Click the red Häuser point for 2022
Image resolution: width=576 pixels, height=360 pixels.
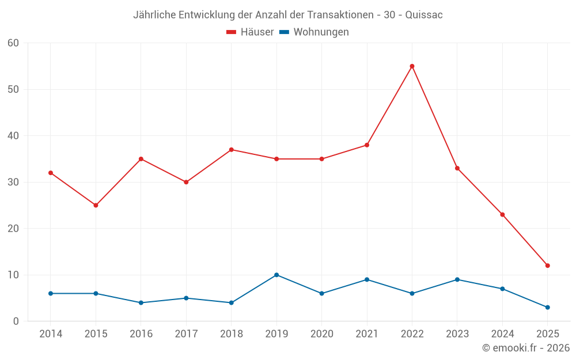click(x=412, y=66)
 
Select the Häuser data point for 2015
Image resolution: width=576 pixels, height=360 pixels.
click(x=96, y=205)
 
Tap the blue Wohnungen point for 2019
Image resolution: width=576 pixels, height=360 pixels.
click(x=276, y=275)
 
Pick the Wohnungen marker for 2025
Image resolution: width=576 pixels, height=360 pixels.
click(x=547, y=307)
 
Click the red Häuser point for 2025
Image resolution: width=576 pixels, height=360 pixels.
click(x=547, y=266)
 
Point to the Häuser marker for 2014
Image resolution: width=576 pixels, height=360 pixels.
click(x=51, y=173)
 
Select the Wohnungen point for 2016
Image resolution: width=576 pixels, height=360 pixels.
click(x=141, y=302)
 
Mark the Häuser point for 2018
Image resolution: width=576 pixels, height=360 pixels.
click(x=232, y=150)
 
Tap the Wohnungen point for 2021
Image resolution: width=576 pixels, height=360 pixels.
click(x=367, y=279)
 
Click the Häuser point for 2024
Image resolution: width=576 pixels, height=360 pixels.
click(x=502, y=215)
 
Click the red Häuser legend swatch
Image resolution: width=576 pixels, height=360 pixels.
click(x=232, y=32)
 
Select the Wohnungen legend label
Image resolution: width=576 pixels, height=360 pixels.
click(x=321, y=32)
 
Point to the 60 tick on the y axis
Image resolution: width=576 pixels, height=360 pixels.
click(x=13, y=43)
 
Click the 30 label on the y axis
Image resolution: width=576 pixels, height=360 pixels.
click(x=13, y=182)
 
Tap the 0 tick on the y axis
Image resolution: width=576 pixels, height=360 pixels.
click(x=16, y=321)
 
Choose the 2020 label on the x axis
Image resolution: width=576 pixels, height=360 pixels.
click(x=321, y=334)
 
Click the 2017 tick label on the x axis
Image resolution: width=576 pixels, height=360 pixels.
click(x=186, y=334)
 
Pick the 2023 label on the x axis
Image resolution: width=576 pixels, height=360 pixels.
click(x=457, y=334)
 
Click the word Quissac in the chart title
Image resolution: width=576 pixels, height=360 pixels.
click(x=424, y=15)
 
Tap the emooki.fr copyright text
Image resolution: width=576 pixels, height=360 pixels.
click(x=526, y=348)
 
